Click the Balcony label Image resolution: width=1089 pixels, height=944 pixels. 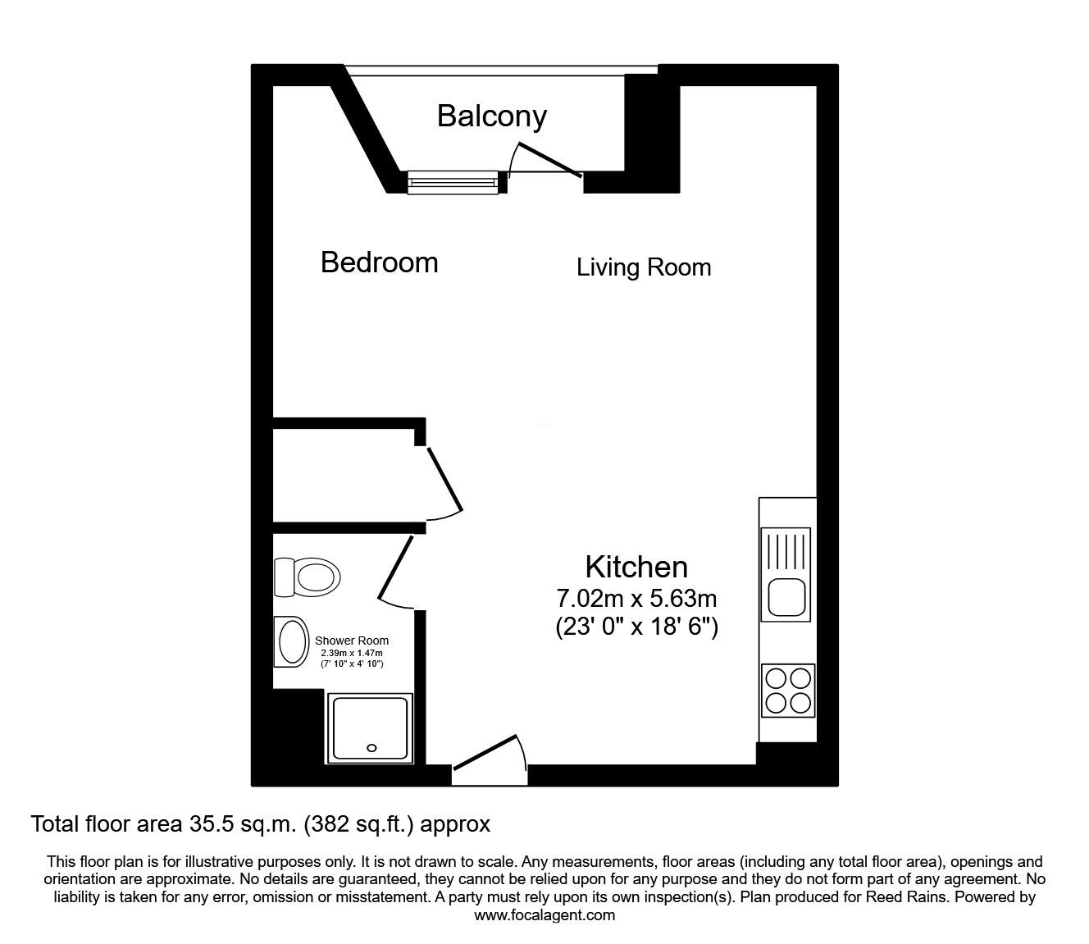click(x=491, y=116)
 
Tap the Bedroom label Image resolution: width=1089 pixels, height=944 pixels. click(x=379, y=262)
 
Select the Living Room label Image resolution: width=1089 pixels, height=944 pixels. click(x=643, y=267)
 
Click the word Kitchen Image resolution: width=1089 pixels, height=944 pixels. click(x=636, y=567)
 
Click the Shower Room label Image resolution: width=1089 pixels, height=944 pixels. click(x=352, y=641)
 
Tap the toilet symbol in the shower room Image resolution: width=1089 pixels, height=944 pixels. click(x=307, y=577)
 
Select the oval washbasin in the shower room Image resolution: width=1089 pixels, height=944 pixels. click(x=289, y=641)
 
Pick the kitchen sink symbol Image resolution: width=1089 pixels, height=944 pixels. click(x=787, y=572)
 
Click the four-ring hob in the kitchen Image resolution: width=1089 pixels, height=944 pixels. click(x=788, y=690)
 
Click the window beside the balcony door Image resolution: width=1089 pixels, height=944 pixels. click(x=453, y=182)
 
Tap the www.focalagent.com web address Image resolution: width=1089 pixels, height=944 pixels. click(x=544, y=914)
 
